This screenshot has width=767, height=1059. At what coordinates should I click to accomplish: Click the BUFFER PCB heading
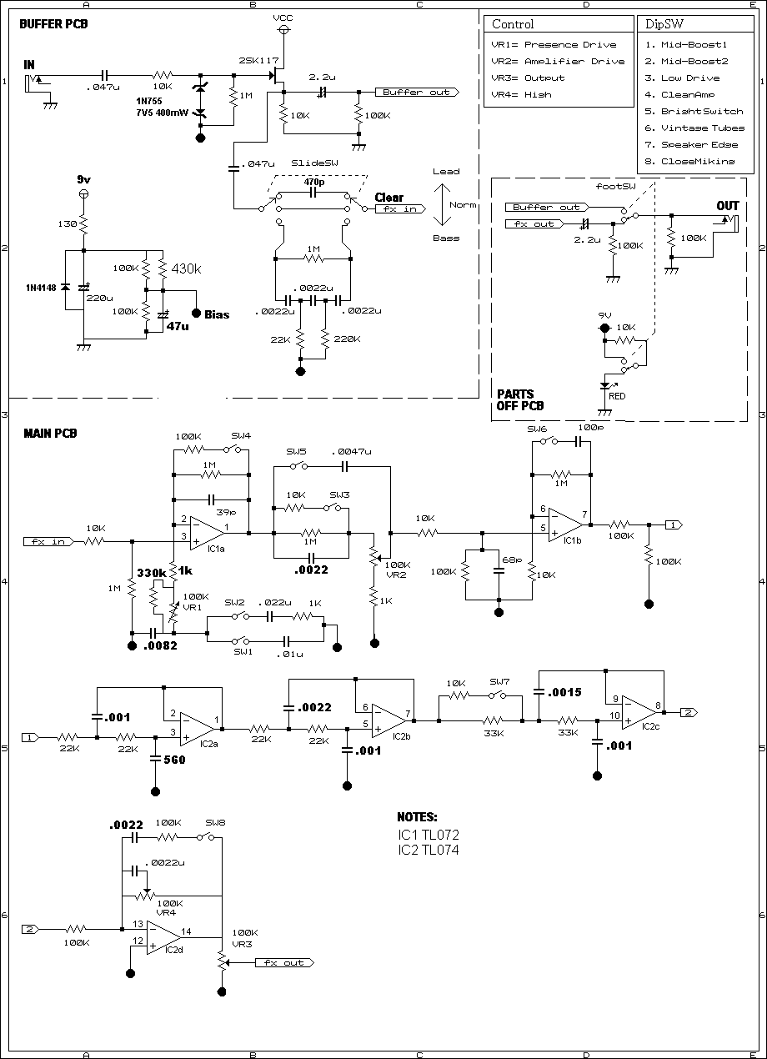[53, 24]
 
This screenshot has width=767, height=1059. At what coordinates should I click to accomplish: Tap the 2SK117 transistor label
[258, 61]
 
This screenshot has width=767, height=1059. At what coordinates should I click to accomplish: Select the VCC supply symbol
[283, 29]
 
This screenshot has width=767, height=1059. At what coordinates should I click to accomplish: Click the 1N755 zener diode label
[149, 101]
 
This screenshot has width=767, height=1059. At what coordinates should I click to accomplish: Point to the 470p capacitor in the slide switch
[313, 193]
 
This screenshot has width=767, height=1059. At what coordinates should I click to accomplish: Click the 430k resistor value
[186, 269]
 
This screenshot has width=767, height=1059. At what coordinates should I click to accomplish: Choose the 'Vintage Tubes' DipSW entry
[694, 128]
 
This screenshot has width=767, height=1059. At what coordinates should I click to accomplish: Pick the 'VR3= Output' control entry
[528, 78]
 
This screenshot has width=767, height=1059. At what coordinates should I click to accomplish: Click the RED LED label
[617, 396]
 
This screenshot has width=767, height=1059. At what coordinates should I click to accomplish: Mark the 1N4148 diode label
[41, 288]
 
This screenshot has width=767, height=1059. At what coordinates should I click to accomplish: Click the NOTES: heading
[417, 816]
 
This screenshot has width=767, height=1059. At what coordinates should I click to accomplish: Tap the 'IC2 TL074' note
[429, 850]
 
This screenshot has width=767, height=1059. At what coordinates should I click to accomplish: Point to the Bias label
[217, 314]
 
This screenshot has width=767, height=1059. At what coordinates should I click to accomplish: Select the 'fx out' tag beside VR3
[284, 962]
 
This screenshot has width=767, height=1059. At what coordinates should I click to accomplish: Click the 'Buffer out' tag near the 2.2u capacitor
[418, 93]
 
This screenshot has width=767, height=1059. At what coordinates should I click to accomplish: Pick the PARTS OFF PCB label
[520, 399]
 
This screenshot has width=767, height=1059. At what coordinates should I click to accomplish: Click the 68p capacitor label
[512, 560]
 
